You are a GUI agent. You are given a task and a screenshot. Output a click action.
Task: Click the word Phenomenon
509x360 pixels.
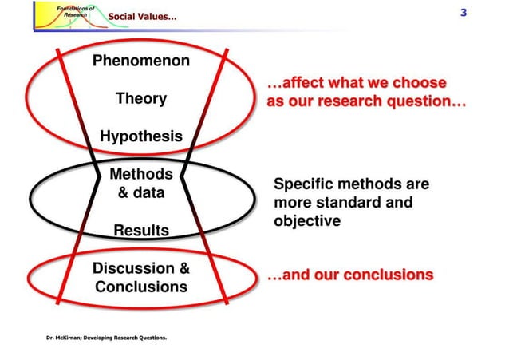140,61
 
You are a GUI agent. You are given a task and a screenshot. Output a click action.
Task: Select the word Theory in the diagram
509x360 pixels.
140,99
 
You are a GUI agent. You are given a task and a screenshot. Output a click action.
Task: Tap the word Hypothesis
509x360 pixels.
140,136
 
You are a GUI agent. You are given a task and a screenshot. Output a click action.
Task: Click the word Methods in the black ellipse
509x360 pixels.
140,174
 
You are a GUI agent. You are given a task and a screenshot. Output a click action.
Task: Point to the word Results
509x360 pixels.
140,231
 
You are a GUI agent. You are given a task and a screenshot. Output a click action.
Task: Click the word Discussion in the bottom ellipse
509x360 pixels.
132,268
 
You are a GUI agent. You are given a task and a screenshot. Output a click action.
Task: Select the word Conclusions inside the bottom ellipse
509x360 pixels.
140,287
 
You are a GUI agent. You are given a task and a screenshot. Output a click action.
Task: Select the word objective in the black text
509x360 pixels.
307,220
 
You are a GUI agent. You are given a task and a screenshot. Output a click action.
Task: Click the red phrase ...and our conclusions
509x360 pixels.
349,275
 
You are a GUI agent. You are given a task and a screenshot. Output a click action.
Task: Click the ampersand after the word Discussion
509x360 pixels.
183,268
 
